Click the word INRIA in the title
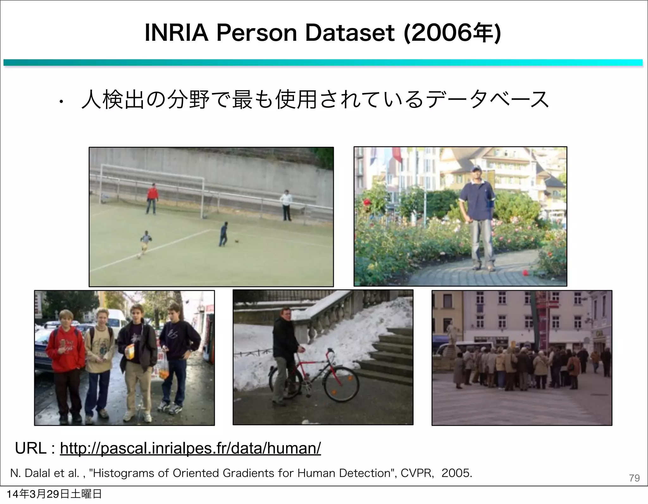click(x=177, y=33)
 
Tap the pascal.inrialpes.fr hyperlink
click(x=190, y=448)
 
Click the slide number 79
click(x=634, y=478)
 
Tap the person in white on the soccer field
click(x=286, y=205)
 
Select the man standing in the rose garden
click(x=477, y=218)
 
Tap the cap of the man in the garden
click(x=475, y=168)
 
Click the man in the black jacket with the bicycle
click(x=283, y=351)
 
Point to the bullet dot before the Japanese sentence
click(x=61, y=102)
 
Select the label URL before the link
click(x=31, y=448)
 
